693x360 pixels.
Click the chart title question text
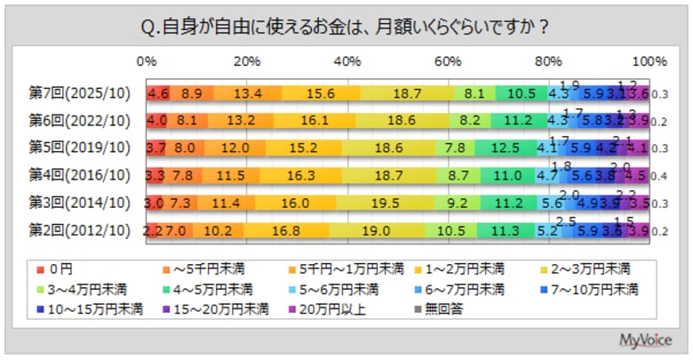point(346,28)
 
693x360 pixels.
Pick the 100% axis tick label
point(648,62)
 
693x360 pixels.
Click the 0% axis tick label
point(147,62)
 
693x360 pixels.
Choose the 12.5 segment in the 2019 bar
point(503,148)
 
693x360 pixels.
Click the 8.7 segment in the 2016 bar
point(459,176)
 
